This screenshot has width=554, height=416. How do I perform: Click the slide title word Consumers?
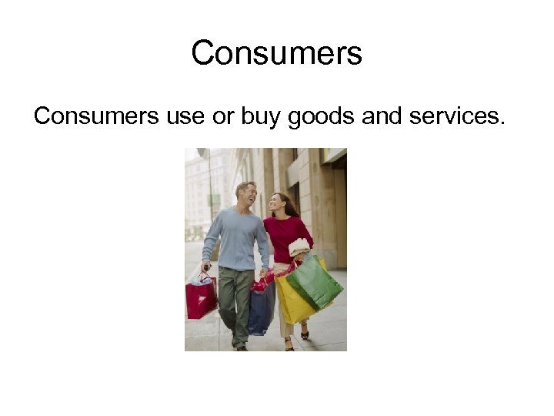pyautogui.click(x=276, y=53)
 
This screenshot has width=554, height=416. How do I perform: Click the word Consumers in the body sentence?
pyautogui.click(x=95, y=116)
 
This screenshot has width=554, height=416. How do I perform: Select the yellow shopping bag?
pyautogui.click(x=290, y=300)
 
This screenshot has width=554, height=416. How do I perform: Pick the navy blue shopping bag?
pyautogui.click(x=262, y=307)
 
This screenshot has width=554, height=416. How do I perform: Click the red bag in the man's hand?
pyautogui.click(x=200, y=297)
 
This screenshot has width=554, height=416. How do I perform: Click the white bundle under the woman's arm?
pyautogui.click(x=299, y=247)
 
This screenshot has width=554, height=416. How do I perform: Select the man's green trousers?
pyautogui.click(x=235, y=300)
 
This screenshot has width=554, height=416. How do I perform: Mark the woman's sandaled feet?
pyautogui.click(x=296, y=339)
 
